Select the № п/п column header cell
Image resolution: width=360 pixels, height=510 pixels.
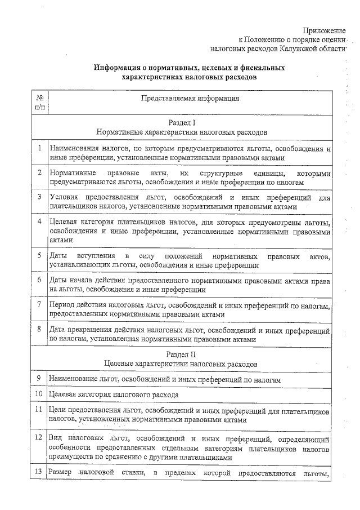pos(40,102)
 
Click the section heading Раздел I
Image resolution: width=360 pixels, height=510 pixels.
pos(181,122)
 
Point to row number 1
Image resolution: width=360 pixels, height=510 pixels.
pos(40,149)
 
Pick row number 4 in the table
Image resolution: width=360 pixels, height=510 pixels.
pos(40,221)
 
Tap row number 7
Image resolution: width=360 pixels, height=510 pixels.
pos(40,305)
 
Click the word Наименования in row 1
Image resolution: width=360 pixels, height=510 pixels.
pos(75,149)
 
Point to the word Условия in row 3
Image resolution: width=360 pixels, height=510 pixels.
pos(64,198)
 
